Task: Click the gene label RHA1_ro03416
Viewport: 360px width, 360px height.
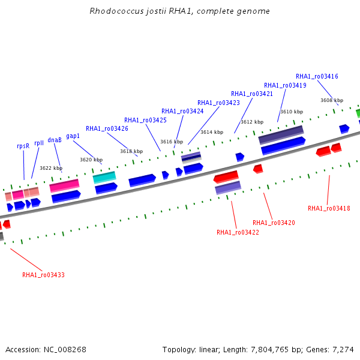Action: coord(317,76)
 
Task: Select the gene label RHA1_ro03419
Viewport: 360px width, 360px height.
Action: coord(285,85)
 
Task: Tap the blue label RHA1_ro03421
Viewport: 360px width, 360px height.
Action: coord(252,94)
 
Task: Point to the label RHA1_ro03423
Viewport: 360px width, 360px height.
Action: coord(218,103)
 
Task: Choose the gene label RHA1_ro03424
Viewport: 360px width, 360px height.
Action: coord(182,111)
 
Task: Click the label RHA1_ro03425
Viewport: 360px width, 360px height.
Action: coord(145,120)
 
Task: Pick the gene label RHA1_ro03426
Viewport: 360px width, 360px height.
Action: coord(107,128)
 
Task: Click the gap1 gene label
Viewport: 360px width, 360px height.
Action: coord(73,136)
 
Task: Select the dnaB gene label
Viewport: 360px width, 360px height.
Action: coord(55,140)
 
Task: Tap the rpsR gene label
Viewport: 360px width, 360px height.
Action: coord(23,146)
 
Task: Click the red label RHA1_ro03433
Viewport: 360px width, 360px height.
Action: coord(43,275)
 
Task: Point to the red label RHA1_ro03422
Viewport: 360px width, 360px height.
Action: coord(238,232)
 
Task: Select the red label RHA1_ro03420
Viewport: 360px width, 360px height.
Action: coord(274,223)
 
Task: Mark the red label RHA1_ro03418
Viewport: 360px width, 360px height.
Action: coord(329,208)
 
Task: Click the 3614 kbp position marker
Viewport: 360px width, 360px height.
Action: coord(212,132)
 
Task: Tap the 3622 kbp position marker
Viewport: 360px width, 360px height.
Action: coord(51,168)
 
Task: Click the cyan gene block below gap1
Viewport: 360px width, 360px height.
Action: coord(104,177)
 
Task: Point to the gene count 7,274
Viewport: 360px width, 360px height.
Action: coord(343,349)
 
